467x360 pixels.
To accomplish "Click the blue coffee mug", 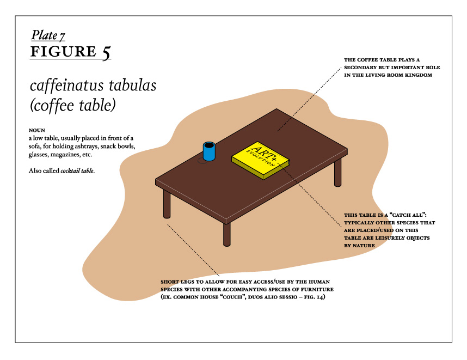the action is point(209,151).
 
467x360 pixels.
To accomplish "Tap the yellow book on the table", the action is point(261,160).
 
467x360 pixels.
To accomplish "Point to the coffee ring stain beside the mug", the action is point(202,161).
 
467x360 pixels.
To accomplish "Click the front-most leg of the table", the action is point(226,234).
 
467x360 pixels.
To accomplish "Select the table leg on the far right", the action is point(337,173).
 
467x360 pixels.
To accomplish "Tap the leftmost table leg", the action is point(167,204).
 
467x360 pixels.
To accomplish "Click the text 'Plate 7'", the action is point(48,35).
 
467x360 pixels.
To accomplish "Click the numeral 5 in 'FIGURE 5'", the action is point(107,52).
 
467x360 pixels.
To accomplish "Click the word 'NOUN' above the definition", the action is point(37,130).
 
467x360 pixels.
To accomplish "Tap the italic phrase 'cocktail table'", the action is point(77,171).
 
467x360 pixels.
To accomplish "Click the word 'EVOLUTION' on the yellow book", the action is point(260,158).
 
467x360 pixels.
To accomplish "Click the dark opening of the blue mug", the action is point(209,145).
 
